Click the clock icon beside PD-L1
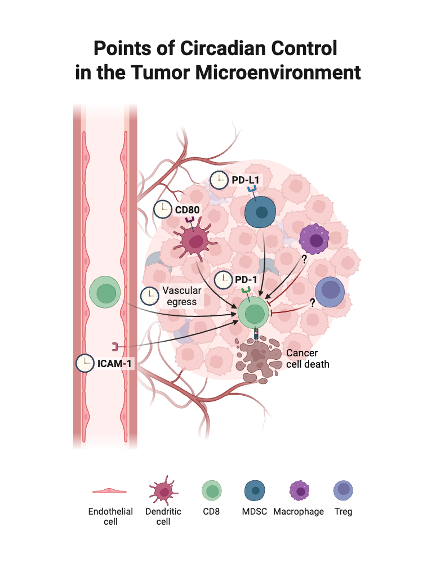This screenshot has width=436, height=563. click(219, 180)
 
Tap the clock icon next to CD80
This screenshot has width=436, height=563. click(163, 209)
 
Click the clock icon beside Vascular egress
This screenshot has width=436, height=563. click(149, 295)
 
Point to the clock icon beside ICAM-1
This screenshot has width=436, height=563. click(85, 363)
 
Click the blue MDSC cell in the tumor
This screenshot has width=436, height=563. click(261, 213)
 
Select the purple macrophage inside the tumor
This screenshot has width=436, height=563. click(316, 240)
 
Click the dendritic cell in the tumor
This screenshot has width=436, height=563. click(194, 243)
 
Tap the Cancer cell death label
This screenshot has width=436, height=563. click(307, 358)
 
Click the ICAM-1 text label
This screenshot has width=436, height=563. click(114, 364)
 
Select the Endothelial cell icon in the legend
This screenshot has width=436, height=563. click(110, 491)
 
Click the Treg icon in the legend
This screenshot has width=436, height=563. click(343, 491)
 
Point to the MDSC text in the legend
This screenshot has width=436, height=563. click(255, 512)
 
